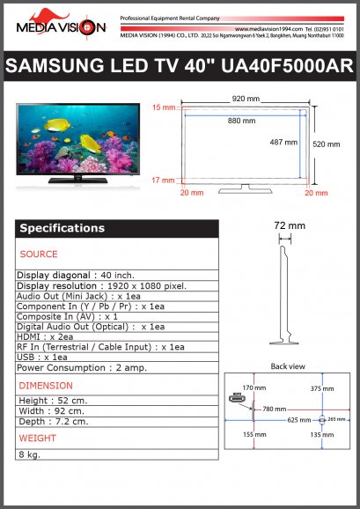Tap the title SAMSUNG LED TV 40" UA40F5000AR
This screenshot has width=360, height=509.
coord(180,67)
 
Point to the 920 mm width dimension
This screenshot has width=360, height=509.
coord(245,99)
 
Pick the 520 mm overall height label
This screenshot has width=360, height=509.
coord(327,144)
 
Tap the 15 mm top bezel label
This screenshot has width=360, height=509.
coord(164,107)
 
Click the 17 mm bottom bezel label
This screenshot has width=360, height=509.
coord(164,180)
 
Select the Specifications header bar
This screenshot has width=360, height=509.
coord(116,228)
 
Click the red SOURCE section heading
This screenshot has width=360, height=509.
coord(39,254)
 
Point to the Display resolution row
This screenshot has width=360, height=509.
coord(102,286)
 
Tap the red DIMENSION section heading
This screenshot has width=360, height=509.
coord(46,386)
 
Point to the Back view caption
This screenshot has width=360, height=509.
coord(287,365)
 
